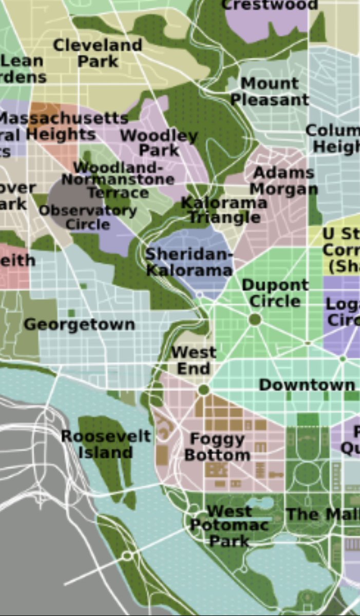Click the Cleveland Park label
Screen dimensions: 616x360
pos(98,53)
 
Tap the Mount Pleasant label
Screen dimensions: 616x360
pos(269,91)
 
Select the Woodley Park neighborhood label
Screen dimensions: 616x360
pos(159,143)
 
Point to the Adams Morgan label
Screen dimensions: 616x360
pos(283,181)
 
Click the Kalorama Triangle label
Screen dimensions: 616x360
pos(224,210)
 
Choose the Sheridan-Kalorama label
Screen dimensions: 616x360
pos(189,262)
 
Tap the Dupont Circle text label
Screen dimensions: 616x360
pos(275,293)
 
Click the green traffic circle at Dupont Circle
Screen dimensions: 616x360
pos(255,319)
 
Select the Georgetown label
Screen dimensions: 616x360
pos(80,324)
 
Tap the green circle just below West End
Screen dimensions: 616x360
pos(204,390)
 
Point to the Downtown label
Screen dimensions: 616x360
pos(307,385)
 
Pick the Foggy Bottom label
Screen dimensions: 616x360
pos(217,447)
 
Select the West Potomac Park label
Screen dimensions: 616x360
pos(229,526)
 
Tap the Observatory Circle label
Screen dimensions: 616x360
pos(88,218)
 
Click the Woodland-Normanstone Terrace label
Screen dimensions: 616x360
pos(118,180)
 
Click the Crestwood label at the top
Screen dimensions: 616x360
pos(269,5)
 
